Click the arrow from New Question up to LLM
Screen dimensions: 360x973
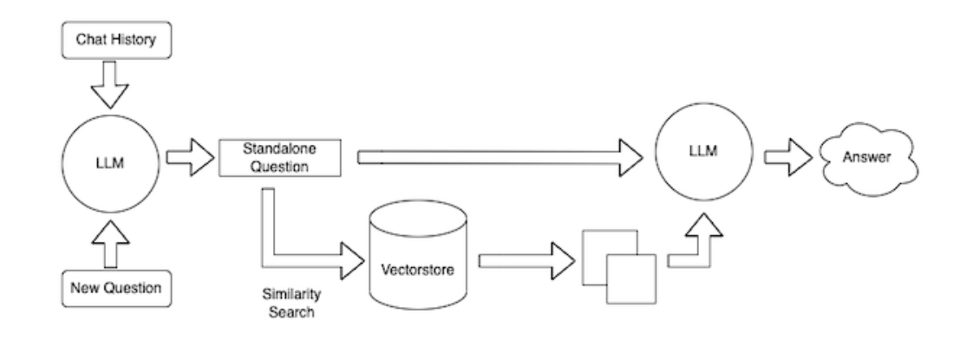coord(109,244)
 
